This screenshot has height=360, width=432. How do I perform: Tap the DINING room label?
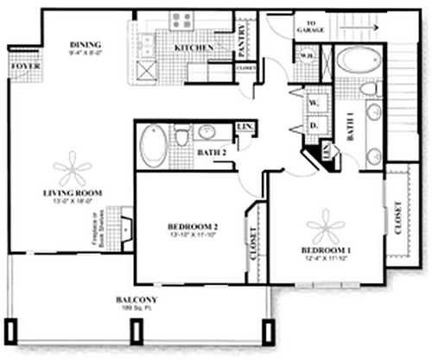87,44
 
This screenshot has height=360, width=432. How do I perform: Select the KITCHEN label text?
193,48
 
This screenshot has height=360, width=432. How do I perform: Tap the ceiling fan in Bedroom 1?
326,228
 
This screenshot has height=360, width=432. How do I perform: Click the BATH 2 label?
211,153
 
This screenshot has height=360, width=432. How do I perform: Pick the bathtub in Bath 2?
154,148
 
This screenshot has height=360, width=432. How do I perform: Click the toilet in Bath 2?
182,136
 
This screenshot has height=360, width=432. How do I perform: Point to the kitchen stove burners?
184,19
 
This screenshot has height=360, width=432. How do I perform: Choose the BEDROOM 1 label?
325,250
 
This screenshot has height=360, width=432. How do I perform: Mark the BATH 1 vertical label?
352,126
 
